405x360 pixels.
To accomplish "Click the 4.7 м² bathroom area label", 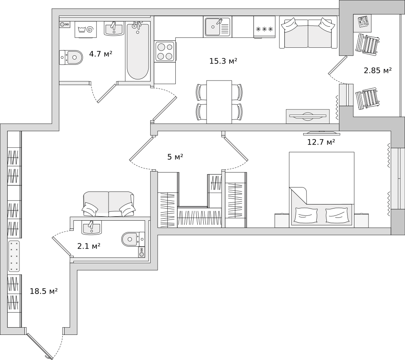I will point(100,53).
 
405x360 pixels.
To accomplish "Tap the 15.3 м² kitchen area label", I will point(223,61).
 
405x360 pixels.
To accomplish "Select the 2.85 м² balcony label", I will point(377,70).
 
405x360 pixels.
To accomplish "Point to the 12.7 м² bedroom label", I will point(321,142).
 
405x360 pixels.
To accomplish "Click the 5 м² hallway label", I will point(175,157).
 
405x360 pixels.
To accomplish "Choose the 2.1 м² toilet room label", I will point(89,245).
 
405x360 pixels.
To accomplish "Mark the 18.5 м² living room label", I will point(43,291).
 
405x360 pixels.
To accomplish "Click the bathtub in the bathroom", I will point(138,51).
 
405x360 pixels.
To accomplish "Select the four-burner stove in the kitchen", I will point(165,51).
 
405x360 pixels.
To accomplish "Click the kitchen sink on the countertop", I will point(217,27).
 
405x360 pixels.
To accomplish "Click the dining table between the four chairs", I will point(219,102).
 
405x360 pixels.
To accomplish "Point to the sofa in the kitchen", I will point(308,33).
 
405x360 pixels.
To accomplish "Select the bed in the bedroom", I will point(322,188).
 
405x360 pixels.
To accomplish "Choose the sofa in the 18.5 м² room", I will point(109,204).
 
